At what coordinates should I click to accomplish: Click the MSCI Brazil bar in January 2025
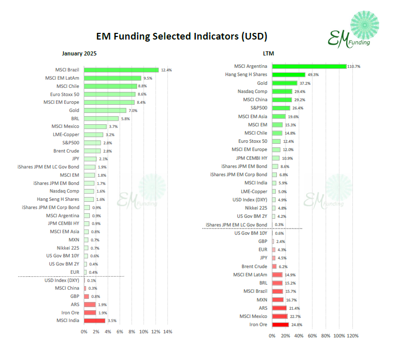(x=121, y=70)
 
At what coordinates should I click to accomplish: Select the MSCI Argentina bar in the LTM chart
(x=309, y=66)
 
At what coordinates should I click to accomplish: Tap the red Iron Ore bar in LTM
(x=280, y=325)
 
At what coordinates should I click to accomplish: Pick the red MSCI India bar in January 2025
(x=95, y=320)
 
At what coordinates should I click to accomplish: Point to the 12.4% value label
(x=166, y=70)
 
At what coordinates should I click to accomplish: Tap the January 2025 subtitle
(x=79, y=53)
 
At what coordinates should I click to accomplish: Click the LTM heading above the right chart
(x=268, y=53)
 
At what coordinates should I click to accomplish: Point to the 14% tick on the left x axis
(x=167, y=332)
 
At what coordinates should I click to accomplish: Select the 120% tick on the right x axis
(x=352, y=336)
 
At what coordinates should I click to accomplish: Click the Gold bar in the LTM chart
(x=285, y=83)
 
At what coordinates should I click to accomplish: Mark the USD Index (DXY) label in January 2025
(x=62, y=280)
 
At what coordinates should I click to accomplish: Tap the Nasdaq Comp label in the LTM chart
(x=253, y=91)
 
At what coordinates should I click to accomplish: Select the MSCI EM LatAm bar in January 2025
(x=113, y=78)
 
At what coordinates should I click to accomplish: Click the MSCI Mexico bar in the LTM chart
(x=279, y=316)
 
